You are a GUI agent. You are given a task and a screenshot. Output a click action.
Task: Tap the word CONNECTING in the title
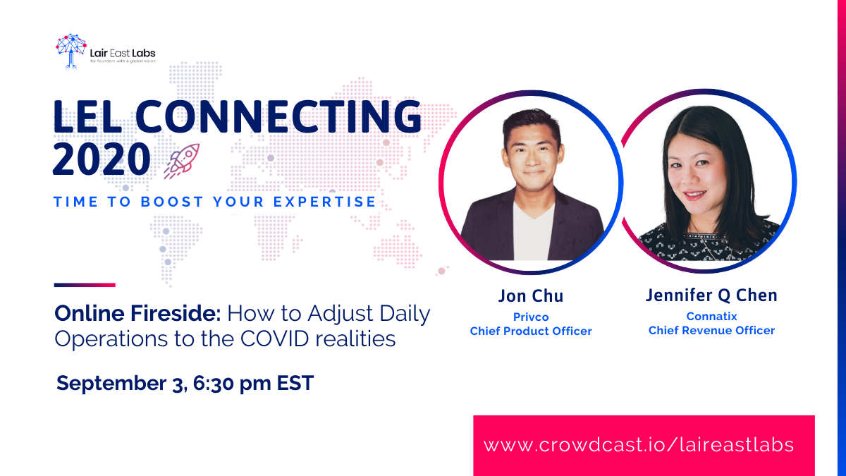coord(278,117)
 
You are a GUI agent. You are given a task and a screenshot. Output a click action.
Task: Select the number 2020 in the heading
coord(102,159)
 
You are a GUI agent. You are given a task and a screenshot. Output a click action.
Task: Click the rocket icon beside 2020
coord(182,161)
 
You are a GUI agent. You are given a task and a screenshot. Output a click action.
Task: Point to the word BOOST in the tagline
coord(172,202)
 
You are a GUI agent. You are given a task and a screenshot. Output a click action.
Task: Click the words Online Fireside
coord(137,314)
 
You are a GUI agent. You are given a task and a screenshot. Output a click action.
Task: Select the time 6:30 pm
coord(232,384)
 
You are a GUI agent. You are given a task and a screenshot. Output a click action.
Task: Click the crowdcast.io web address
coord(639,445)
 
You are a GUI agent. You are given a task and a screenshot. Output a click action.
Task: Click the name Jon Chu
coord(531,295)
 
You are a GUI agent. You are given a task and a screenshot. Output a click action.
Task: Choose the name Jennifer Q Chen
coord(711,295)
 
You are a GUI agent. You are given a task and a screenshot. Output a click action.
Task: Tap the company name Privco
coord(531,317)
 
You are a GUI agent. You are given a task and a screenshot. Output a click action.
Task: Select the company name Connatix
coord(711,316)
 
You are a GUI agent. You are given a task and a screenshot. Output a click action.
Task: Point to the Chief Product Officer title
coord(531,331)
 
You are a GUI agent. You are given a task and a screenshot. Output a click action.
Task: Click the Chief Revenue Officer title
coord(711,331)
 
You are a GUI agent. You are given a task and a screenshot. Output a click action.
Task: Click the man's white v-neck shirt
coord(533,234)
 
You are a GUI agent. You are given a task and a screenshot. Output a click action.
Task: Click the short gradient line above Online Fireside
coord(85,285)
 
